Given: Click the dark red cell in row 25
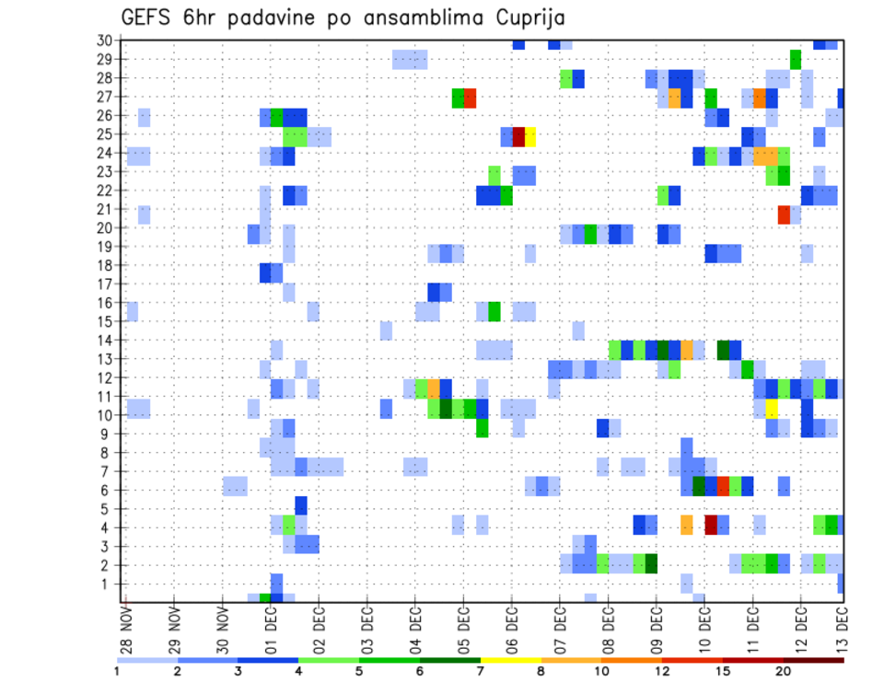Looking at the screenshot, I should pyautogui.click(x=518, y=136).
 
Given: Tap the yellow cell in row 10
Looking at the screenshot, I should pyautogui.click(x=772, y=407).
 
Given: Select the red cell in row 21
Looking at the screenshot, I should pyautogui.click(x=784, y=214).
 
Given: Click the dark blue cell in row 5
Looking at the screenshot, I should pyautogui.click(x=301, y=505).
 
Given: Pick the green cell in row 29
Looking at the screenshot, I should pyautogui.click(x=796, y=60).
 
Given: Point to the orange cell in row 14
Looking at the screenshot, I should pyautogui.click(x=687, y=350).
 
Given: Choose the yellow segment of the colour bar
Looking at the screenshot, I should pyautogui.click(x=510, y=660).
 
